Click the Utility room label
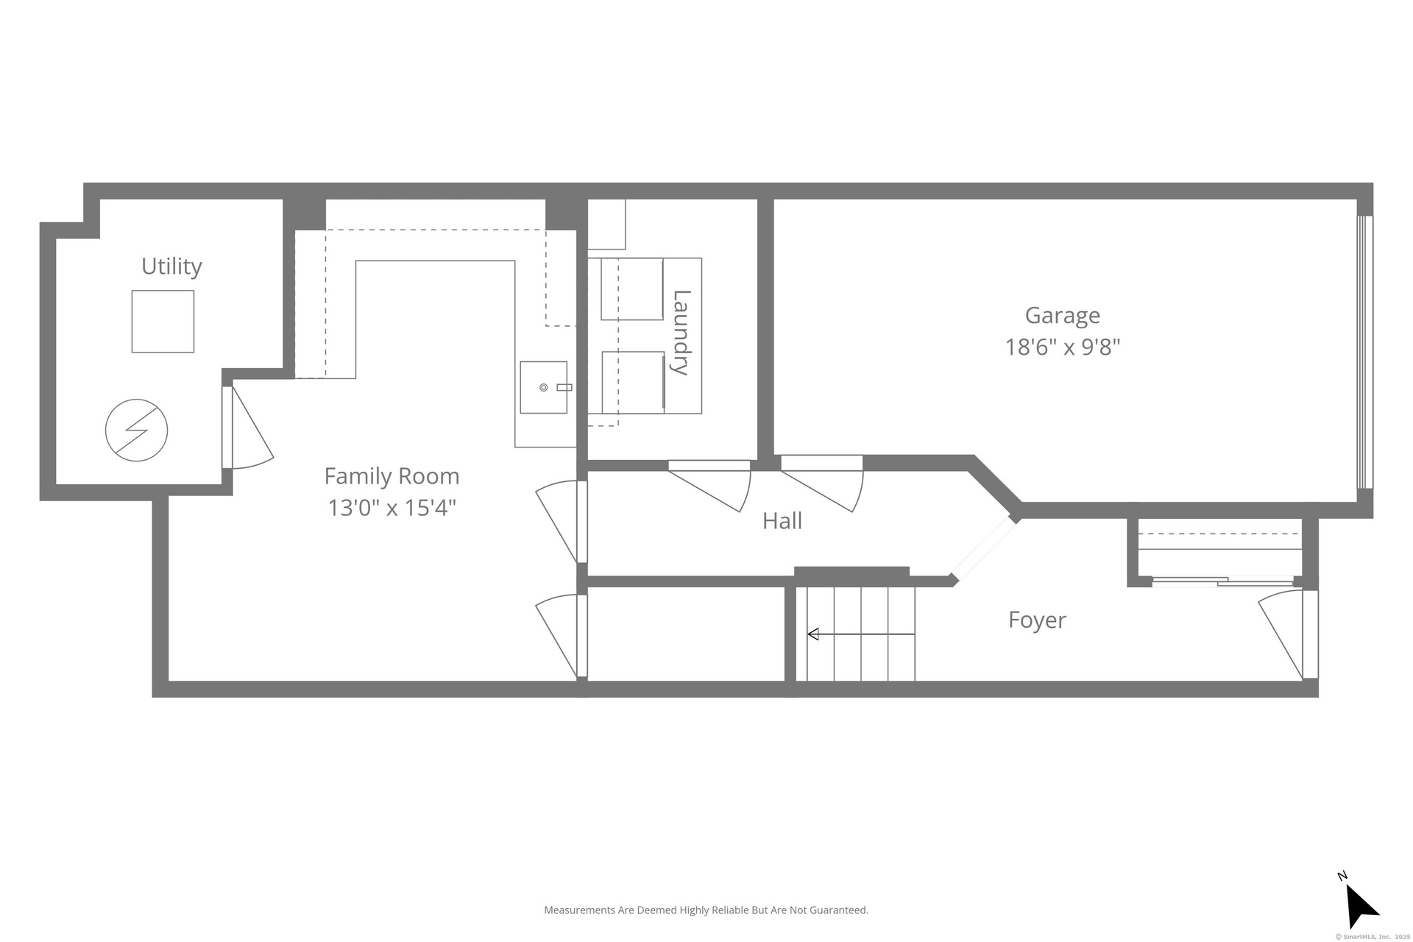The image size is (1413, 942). tap(171, 266)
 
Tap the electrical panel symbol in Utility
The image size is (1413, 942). tap(136, 431)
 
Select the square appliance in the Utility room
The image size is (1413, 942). tap(163, 322)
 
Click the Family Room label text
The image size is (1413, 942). tap(392, 476)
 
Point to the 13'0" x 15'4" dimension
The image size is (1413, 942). tap(392, 508)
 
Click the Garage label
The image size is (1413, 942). tap(1063, 316)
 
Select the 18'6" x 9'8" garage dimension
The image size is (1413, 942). tap(1063, 347)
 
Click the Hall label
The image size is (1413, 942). tap(782, 521)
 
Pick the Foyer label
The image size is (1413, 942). tap(1037, 620)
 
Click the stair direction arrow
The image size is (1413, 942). tap(861, 634)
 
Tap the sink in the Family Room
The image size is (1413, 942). tap(544, 387)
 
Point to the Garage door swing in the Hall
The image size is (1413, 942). tap(822, 486)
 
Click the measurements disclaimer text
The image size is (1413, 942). tap(706, 910)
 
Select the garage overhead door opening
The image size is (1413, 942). tap(1364, 352)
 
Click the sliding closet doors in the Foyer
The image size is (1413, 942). tap(1222, 582)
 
